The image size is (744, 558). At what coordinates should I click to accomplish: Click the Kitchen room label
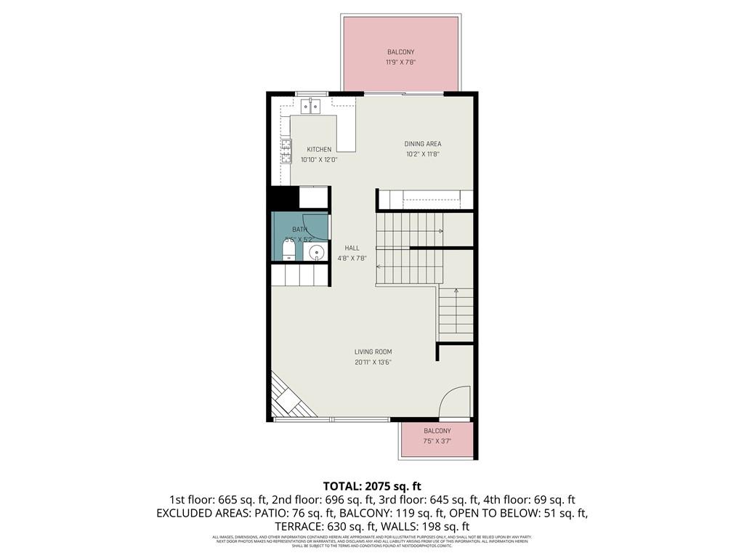coord(318,150)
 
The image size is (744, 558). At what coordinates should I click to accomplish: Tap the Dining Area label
coord(422,144)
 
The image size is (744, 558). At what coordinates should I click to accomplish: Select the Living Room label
coord(373,352)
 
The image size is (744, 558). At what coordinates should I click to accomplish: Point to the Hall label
coord(352,248)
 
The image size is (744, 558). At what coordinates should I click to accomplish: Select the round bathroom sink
coord(316,252)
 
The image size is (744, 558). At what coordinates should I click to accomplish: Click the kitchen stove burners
coord(286,150)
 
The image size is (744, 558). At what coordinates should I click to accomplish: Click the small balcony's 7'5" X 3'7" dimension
coord(437,441)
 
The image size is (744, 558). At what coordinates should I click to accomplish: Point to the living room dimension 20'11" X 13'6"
coord(373,363)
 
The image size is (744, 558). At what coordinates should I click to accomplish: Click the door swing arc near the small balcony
coord(456,402)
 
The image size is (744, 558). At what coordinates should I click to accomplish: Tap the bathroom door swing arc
coord(315,227)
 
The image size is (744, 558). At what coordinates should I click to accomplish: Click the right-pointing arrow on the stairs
coord(441,232)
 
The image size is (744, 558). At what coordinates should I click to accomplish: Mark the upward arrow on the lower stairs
coord(456,291)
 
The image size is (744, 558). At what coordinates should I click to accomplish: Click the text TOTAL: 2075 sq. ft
coord(372,486)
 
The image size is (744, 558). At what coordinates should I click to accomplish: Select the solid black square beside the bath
coord(284,198)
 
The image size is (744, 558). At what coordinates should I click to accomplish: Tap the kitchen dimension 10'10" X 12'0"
coord(318,160)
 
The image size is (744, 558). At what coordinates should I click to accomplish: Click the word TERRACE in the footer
coord(297,526)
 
